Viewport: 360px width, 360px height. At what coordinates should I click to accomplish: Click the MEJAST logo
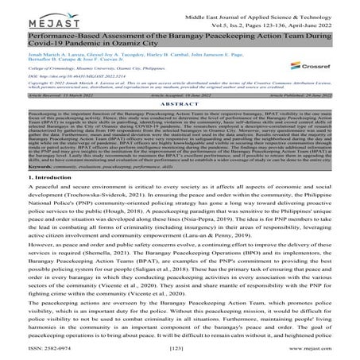[x=33, y=15]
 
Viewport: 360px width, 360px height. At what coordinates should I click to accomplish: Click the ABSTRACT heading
[x=180, y=126]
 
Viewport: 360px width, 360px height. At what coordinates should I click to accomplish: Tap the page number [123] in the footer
[x=179, y=350]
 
